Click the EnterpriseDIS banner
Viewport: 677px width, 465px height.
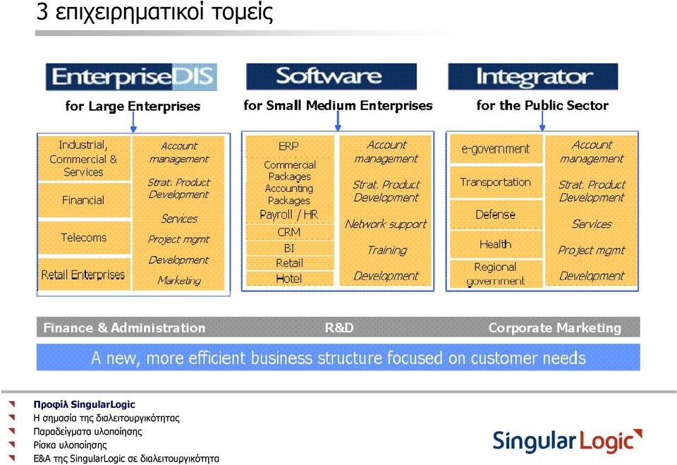pos(131,77)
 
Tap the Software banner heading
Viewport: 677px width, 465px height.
pos(331,76)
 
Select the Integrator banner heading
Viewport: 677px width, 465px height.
pos(533,76)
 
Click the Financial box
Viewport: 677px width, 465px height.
pos(84,200)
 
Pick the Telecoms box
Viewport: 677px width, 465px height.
pos(84,238)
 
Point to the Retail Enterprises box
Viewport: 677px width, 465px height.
pos(84,274)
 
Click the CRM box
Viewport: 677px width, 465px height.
pos(289,232)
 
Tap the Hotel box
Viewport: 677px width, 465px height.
pos(289,279)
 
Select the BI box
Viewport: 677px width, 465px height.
pos(289,248)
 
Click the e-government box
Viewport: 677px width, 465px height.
pos(496,149)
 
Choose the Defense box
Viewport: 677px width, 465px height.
pos(496,215)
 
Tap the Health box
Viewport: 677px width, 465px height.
pos(496,245)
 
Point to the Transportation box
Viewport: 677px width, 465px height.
pos(496,182)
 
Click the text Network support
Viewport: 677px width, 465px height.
pos(386,224)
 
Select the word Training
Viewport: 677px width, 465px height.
pos(387,250)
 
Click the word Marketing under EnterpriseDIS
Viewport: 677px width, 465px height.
pos(179,280)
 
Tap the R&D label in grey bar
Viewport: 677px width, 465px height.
pos(339,327)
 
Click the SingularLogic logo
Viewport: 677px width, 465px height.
pos(567,441)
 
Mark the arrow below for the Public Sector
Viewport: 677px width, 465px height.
pos(542,121)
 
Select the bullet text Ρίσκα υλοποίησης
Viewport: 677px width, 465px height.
pos(71,445)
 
